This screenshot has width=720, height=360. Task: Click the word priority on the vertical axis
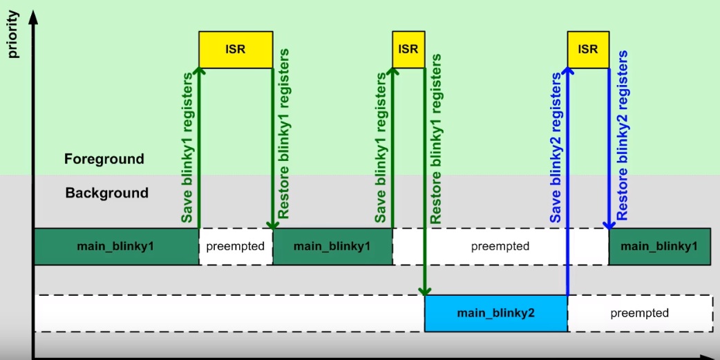(13, 35)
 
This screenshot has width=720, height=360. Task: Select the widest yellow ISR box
(236, 50)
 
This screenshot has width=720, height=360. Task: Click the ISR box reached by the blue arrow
(588, 50)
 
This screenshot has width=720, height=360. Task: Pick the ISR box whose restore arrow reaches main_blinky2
(408, 50)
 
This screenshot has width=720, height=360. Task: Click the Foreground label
(104, 159)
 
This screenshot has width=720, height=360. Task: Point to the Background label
(107, 192)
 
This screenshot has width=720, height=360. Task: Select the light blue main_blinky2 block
(496, 313)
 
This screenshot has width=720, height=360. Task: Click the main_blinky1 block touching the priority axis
(116, 247)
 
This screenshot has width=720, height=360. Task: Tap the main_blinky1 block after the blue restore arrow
(659, 247)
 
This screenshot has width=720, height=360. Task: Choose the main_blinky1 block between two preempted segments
(332, 247)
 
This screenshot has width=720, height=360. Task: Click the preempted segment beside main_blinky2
(640, 313)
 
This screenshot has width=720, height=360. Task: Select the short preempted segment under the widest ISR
(236, 247)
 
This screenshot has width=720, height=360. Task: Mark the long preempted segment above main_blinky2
(500, 247)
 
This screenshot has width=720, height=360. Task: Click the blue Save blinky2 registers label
(556, 148)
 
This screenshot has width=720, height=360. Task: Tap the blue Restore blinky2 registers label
(622, 135)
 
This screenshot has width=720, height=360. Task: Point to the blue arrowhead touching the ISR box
(568, 72)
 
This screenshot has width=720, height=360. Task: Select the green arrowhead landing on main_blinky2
(425, 291)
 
